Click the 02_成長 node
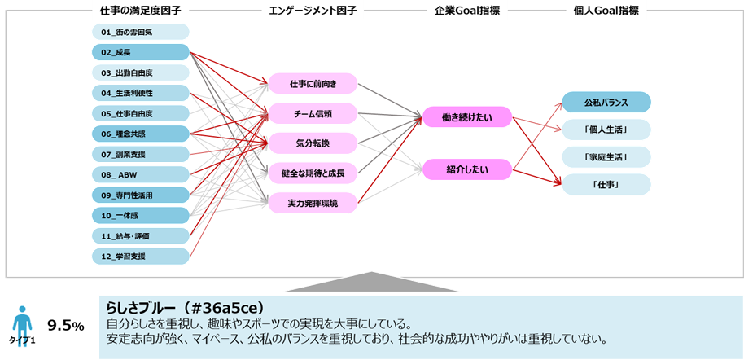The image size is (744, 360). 140,52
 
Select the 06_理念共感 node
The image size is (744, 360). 140,134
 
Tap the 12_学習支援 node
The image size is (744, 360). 140,257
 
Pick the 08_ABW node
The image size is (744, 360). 140,174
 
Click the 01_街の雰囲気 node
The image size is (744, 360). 140,32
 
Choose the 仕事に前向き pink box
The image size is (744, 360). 313,83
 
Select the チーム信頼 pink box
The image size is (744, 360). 313,113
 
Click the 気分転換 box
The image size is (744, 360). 313,143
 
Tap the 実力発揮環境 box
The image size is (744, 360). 313,202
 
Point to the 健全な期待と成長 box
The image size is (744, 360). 313,173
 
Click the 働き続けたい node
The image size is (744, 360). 466,117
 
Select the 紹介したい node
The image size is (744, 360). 466,169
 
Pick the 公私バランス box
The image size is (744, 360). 606,103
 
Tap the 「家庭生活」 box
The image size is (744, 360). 606,157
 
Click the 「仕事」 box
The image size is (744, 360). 606,185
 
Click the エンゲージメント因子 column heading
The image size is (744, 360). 313,10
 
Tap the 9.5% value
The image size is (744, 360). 66,326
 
